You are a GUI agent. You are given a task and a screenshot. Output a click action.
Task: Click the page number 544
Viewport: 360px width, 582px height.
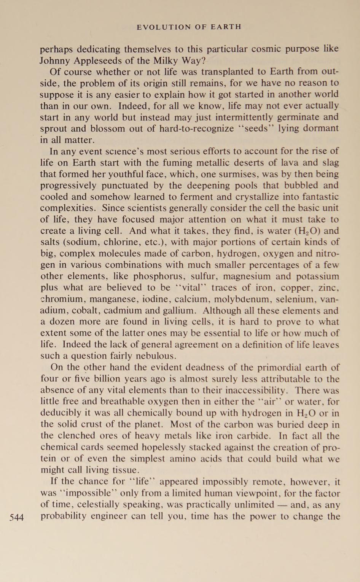point(16,517)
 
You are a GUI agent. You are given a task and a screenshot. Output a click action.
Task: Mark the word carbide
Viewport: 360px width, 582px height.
point(254,436)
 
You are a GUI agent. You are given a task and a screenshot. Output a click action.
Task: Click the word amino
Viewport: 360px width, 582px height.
point(180,459)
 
